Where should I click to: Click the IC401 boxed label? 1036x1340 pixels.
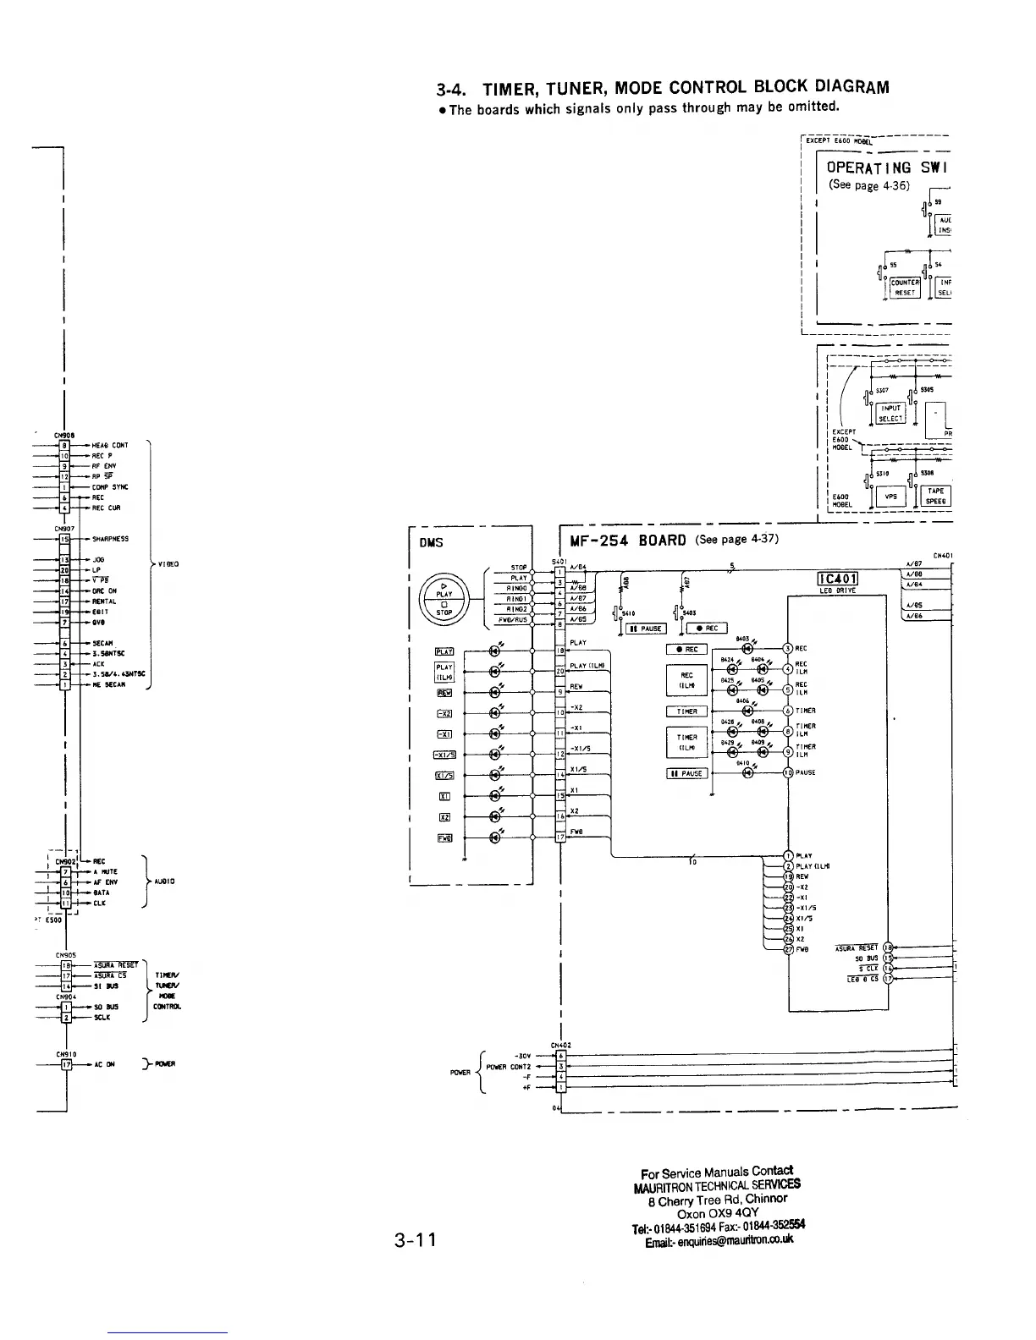tap(837, 579)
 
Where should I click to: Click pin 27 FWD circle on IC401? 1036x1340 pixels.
tap(789, 949)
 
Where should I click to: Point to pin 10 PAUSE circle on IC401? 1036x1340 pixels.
tap(789, 772)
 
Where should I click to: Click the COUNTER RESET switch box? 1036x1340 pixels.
tap(905, 288)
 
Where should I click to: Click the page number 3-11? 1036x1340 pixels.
tap(414, 1240)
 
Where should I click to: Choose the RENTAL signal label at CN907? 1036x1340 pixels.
tap(106, 601)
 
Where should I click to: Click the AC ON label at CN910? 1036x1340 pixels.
tap(103, 1064)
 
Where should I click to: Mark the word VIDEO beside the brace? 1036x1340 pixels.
tap(165, 563)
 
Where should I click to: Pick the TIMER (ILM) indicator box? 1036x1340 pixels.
tap(686, 742)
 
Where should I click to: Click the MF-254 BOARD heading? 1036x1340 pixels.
tap(627, 541)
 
